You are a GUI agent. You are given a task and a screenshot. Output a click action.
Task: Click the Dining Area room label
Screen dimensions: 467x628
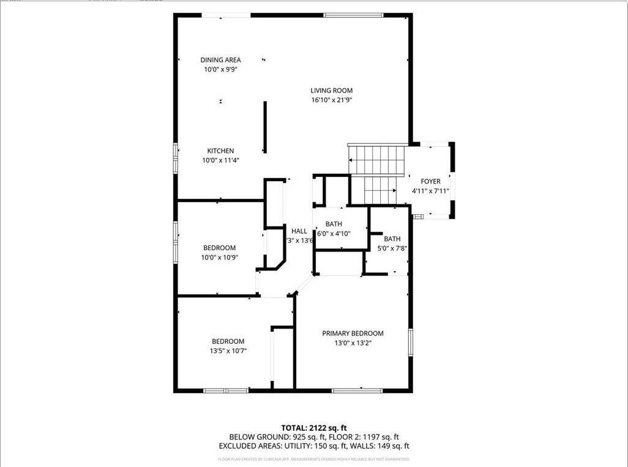coord(220,60)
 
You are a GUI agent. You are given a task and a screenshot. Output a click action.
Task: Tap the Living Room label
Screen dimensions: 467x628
coord(331,91)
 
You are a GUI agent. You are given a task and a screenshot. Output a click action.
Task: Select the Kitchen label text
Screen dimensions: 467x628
coord(220,151)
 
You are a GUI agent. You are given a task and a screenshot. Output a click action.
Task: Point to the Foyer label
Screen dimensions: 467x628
coord(430,182)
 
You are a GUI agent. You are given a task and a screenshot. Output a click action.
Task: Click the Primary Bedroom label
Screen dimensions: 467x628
coord(353,334)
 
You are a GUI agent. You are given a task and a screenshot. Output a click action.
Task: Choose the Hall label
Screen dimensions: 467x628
coord(299,231)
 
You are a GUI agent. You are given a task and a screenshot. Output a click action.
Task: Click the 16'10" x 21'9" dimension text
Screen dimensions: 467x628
coord(331,100)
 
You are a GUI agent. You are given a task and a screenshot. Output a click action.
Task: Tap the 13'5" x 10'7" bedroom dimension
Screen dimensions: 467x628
coord(228,351)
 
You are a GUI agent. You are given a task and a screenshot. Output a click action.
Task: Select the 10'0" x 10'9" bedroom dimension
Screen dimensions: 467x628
coord(220,257)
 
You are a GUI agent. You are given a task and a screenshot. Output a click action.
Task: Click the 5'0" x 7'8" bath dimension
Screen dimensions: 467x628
coord(392,248)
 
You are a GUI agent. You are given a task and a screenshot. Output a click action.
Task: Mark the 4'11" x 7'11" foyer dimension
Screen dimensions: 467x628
coord(430,191)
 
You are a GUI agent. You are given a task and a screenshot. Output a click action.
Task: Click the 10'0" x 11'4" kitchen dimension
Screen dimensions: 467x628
coord(220,160)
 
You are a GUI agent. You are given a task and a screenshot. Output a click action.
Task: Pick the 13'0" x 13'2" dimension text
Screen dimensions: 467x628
coord(353,343)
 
